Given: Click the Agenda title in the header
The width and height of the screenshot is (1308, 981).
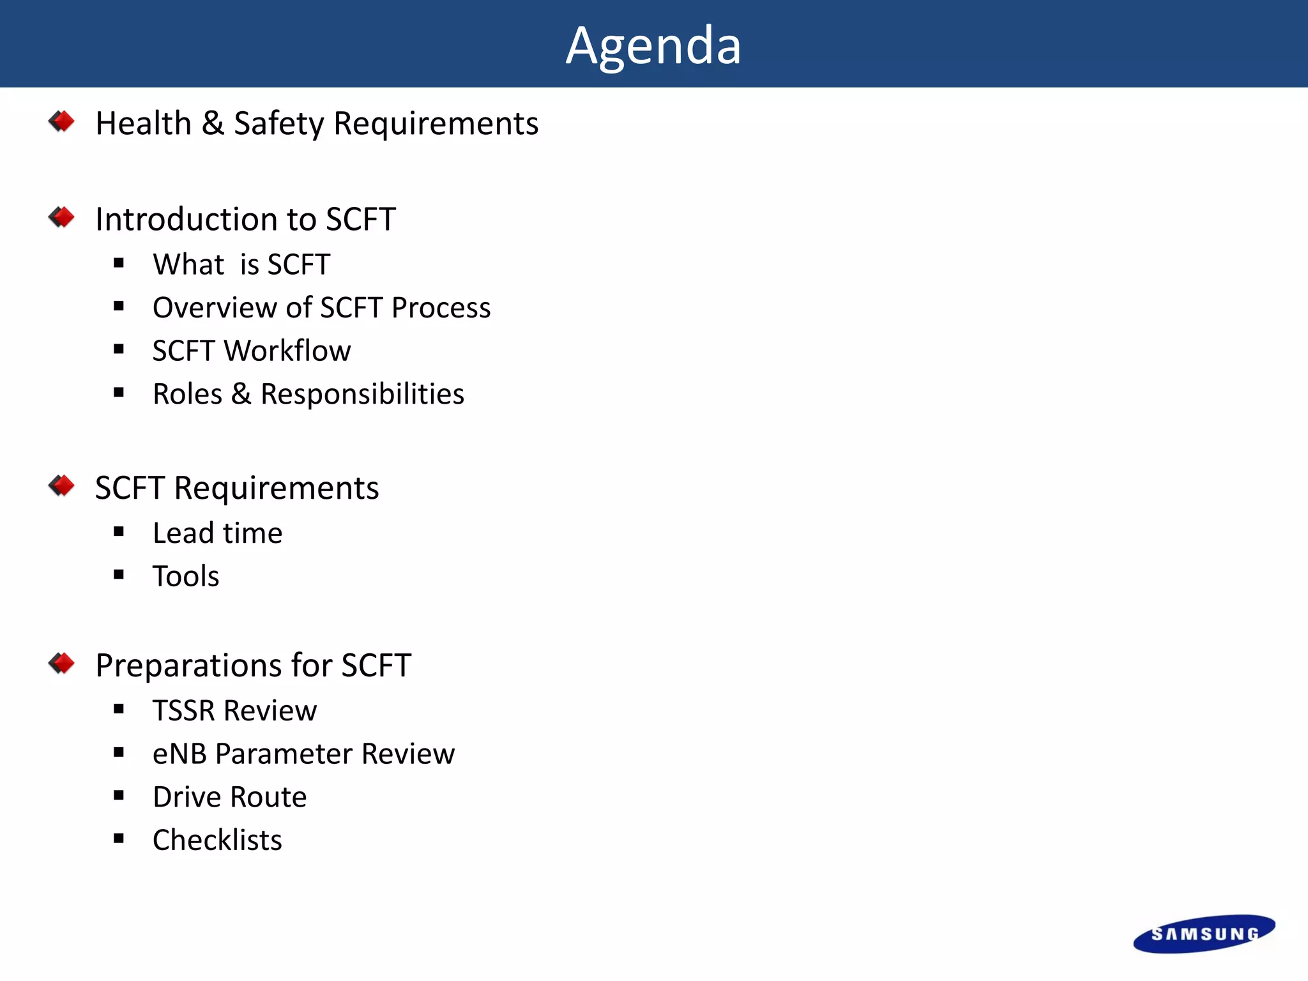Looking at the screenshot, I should pyautogui.click(x=653, y=46).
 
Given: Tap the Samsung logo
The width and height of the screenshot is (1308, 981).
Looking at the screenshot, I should pyautogui.click(x=1204, y=934).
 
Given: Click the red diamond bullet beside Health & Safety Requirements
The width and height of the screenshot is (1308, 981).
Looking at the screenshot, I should pyautogui.click(x=61, y=121).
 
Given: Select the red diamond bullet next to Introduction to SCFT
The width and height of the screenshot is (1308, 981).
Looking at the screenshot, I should pyautogui.click(x=61, y=217).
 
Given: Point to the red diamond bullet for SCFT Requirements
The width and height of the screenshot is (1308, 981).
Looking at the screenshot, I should pyautogui.click(x=61, y=486).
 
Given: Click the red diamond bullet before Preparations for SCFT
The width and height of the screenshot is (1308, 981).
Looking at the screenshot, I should pyautogui.click(x=61, y=664).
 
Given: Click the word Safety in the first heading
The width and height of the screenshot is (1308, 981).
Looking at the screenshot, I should pyautogui.click(x=279, y=123).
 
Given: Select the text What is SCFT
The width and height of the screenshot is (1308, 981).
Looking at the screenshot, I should pyautogui.click(x=241, y=264).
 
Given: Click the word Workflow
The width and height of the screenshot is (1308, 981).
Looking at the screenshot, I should pyautogui.click(x=287, y=351).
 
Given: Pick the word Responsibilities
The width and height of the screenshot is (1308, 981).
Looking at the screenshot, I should pyautogui.click(x=362, y=394).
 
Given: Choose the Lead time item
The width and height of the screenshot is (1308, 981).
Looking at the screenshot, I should pyautogui.click(x=217, y=533).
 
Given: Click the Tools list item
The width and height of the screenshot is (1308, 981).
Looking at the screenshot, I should pyautogui.click(x=186, y=576).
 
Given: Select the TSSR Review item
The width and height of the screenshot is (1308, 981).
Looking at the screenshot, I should pyautogui.click(x=234, y=711).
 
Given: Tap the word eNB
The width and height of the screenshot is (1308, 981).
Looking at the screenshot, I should pyautogui.click(x=179, y=754).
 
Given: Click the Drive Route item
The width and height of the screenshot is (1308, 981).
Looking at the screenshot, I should pyautogui.click(x=229, y=797).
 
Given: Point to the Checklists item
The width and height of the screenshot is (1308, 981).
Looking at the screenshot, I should pyautogui.click(x=217, y=840).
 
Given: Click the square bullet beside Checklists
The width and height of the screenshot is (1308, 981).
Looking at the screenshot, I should pyautogui.click(x=119, y=839).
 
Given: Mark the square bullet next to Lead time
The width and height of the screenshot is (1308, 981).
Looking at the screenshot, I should pyautogui.click(x=119, y=531).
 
